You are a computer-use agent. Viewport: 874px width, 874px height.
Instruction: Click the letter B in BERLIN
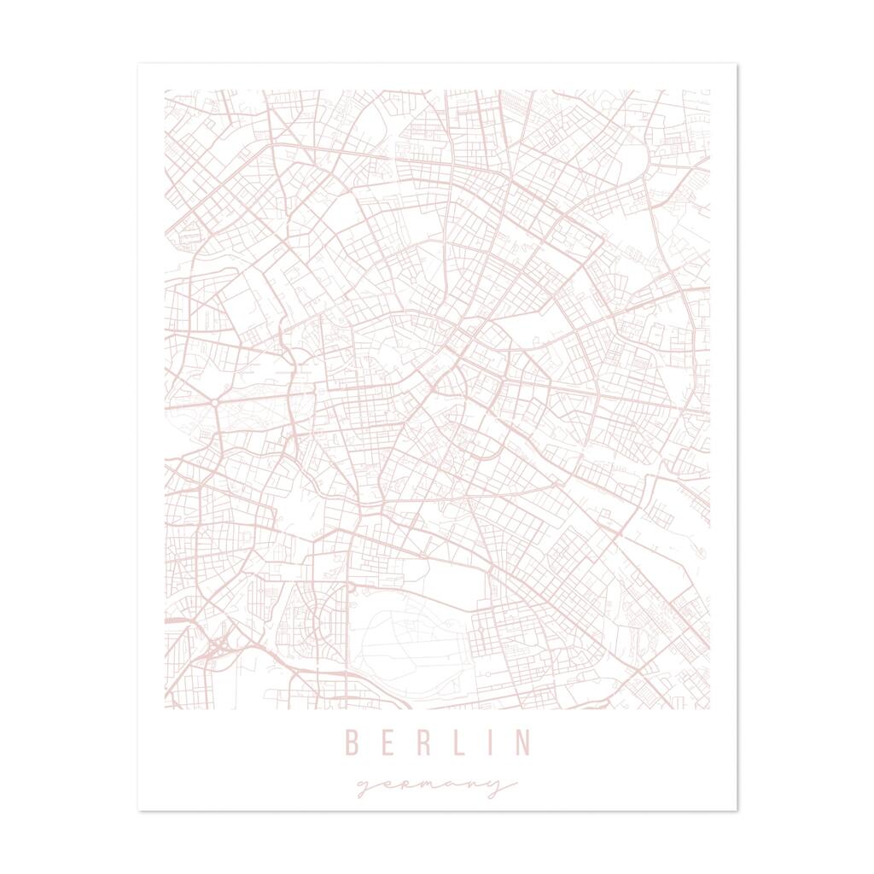tap(351, 743)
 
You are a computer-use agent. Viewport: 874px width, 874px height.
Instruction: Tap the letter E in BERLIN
tap(386, 743)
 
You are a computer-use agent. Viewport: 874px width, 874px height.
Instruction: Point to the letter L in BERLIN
tap(457, 743)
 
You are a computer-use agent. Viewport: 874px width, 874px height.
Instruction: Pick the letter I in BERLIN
tap(489, 743)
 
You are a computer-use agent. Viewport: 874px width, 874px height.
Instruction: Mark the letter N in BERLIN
tap(521, 743)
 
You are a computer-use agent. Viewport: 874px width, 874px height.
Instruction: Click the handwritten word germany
tap(436, 786)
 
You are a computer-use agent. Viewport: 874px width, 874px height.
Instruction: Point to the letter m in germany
tap(432, 786)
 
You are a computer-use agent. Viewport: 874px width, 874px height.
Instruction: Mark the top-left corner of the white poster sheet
tap(139, 62)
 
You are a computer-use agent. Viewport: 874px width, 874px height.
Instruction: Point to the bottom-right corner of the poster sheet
tap(737, 810)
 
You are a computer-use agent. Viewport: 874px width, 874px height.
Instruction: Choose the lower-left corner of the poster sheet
tap(139, 810)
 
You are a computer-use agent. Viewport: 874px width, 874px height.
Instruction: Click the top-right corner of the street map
tap(709, 90)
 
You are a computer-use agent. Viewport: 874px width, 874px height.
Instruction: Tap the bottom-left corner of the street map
tap(165, 708)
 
